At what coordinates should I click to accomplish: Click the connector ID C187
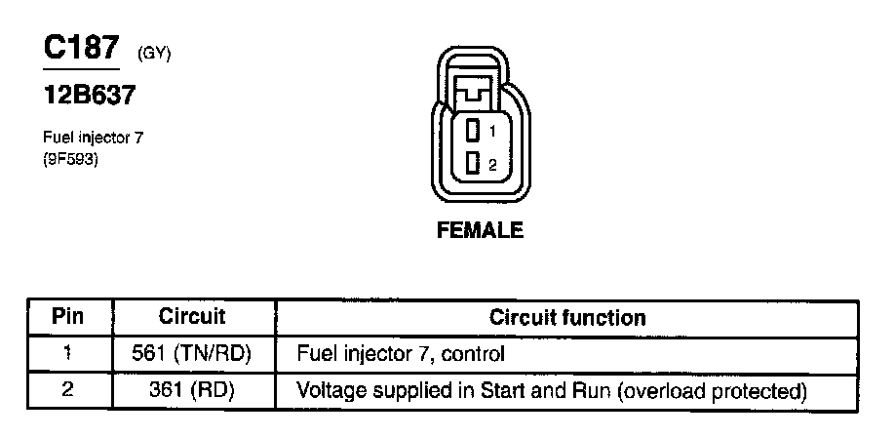click(x=82, y=50)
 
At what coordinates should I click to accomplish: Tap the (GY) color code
click(x=154, y=55)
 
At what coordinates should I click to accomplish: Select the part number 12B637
click(x=89, y=96)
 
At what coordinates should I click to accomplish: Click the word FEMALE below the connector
click(x=480, y=231)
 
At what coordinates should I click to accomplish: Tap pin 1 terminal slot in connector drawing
click(x=473, y=130)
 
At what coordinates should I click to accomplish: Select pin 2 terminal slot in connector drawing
click(x=473, y=164)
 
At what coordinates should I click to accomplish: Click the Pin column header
click(x=67, y=317)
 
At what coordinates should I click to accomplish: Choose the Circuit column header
click(x=192, y=317)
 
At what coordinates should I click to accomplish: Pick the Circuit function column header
click(x=566, y=317)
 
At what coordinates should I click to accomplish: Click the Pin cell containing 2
click(x=67, y=391)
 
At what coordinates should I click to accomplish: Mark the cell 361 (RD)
click(x=192, y=391)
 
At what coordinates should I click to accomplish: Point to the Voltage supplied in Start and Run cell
click(x=551, y=391)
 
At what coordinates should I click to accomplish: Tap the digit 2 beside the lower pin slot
click(x=493, y=165)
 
